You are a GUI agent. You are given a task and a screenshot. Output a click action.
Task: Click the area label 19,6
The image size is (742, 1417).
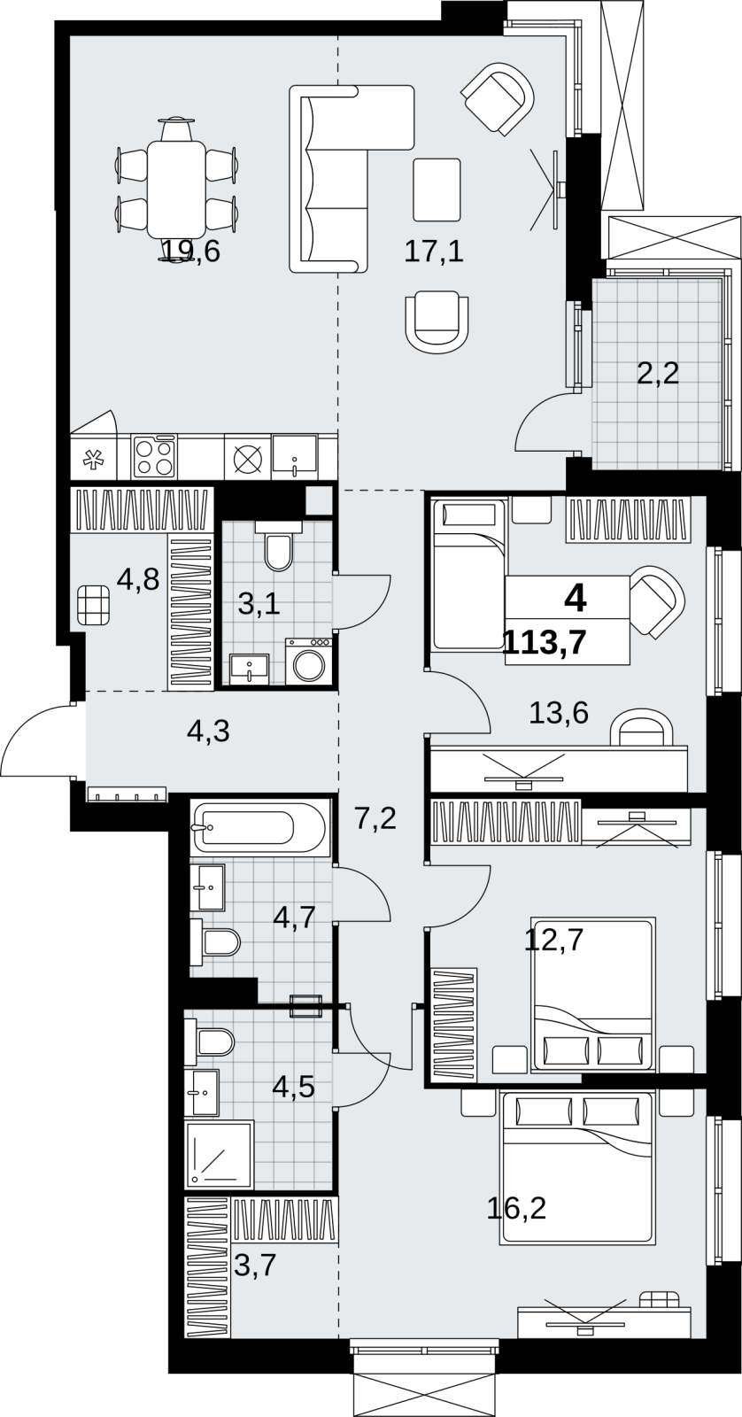190,252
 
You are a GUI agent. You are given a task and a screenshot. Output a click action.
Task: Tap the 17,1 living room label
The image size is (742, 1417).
434,252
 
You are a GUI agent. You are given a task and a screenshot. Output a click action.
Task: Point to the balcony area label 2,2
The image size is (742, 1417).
658,374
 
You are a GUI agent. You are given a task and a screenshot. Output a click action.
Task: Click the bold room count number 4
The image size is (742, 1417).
575,598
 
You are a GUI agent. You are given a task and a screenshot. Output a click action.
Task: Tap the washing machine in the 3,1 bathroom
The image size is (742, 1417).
309,661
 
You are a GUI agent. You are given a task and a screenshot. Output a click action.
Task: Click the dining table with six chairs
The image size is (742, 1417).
176,190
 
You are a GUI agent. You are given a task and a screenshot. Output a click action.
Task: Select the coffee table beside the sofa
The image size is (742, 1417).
437,190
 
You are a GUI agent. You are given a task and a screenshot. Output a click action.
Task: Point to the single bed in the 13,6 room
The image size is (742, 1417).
468,575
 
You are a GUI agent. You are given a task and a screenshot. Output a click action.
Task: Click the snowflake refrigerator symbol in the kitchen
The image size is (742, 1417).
94,460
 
